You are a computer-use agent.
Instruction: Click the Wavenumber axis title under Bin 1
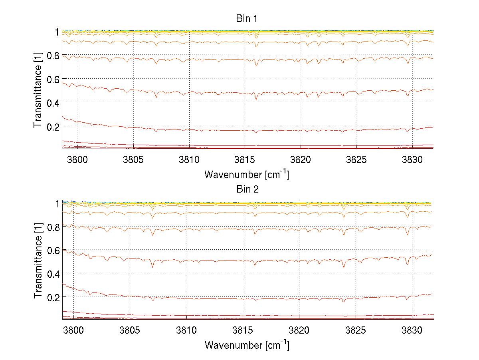tap(246, 174)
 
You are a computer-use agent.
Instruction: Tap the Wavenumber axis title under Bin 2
tap(246, 345)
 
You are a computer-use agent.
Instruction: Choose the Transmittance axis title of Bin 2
tap(38, 262)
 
